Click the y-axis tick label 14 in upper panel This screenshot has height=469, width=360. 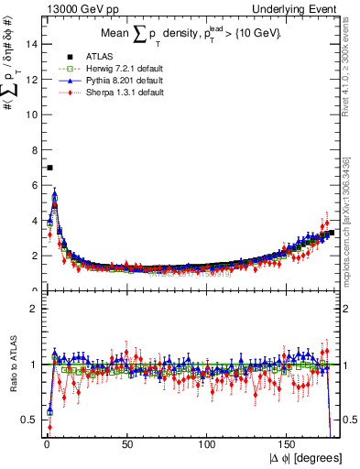coord(31,43)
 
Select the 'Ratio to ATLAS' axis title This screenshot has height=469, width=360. coord(12,365)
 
